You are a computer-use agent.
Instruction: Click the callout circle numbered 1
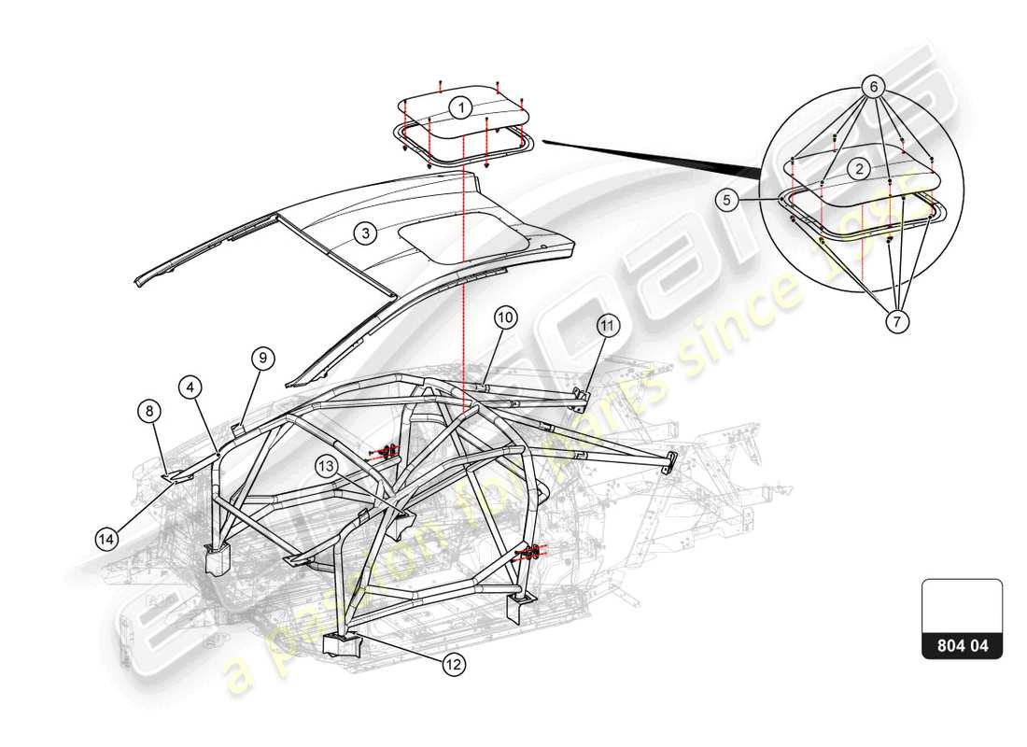(459, 107)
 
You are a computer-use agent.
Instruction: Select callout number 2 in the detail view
(859, 169)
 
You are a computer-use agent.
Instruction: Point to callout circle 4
(190, 387)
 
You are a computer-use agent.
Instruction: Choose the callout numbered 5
(729, 199)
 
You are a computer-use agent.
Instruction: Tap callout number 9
(262, 358)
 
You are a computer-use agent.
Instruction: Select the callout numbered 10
(505, 317)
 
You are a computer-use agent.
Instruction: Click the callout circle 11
(608, 326)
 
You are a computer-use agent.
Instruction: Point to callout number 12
(453, 664)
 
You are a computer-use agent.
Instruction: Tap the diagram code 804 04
(962, 644)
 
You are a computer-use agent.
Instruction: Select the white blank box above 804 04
(962, 605)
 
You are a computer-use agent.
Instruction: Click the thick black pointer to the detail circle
(654, 156)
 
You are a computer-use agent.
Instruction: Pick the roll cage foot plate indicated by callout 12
(341, 643)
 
